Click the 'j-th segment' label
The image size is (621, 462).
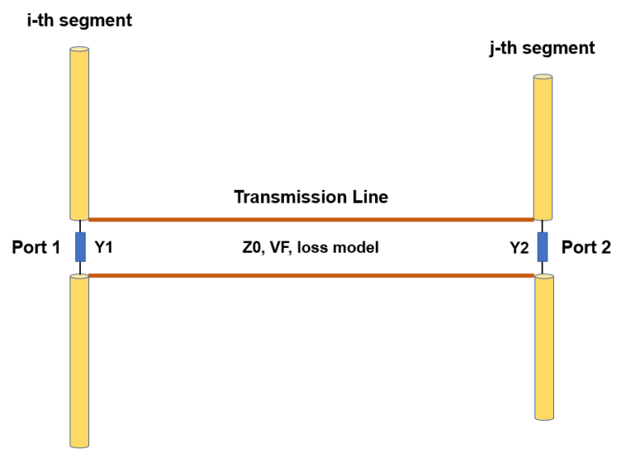(541, 48)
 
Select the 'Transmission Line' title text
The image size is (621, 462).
(310, 196)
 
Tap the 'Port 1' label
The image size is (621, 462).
(36, 247)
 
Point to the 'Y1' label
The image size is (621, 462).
(105, 247)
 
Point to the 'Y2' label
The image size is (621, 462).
(518, 247)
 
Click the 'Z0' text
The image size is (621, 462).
(252, 247)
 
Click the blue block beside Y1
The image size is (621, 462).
(80, 247)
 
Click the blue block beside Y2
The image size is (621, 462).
(543, 247)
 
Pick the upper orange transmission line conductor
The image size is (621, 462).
(310, 219)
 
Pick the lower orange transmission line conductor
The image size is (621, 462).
(310, 276)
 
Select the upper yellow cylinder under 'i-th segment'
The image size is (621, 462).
(79, 133)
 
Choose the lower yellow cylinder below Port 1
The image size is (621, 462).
(79, 359)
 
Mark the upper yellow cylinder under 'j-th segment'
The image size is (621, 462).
(543, 147)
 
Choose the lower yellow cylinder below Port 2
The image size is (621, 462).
(543, 347)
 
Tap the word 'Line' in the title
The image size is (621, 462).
(370, 196)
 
